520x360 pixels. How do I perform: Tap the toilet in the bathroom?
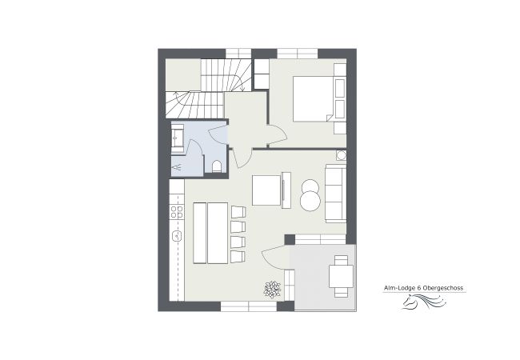[x=217, y=166]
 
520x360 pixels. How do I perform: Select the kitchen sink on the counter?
[x=177, y=236]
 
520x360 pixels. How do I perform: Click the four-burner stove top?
[x=177, y=212]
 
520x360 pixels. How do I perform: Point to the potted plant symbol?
[x=272, y=290]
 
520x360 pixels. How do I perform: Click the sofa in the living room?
[x=336, y=194]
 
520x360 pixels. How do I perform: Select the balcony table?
[x=341, y=277]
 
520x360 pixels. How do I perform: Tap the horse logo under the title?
[x=424, y=302]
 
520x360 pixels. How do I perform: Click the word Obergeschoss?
[x=443, y=288]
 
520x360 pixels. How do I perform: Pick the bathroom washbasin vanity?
[x=178, y=138]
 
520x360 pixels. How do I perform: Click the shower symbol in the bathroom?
[x=177, y=168]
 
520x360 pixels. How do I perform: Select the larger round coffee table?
[x=310, y=201]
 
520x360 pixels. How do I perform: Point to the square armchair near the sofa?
[x=266, y=190]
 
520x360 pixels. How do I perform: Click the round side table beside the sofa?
[x=341, y=155]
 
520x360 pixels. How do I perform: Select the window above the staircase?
[x=238, y=54]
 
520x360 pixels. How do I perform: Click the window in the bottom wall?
[x=249, y=306]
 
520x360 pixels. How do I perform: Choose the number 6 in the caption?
[x=419, y=288]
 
